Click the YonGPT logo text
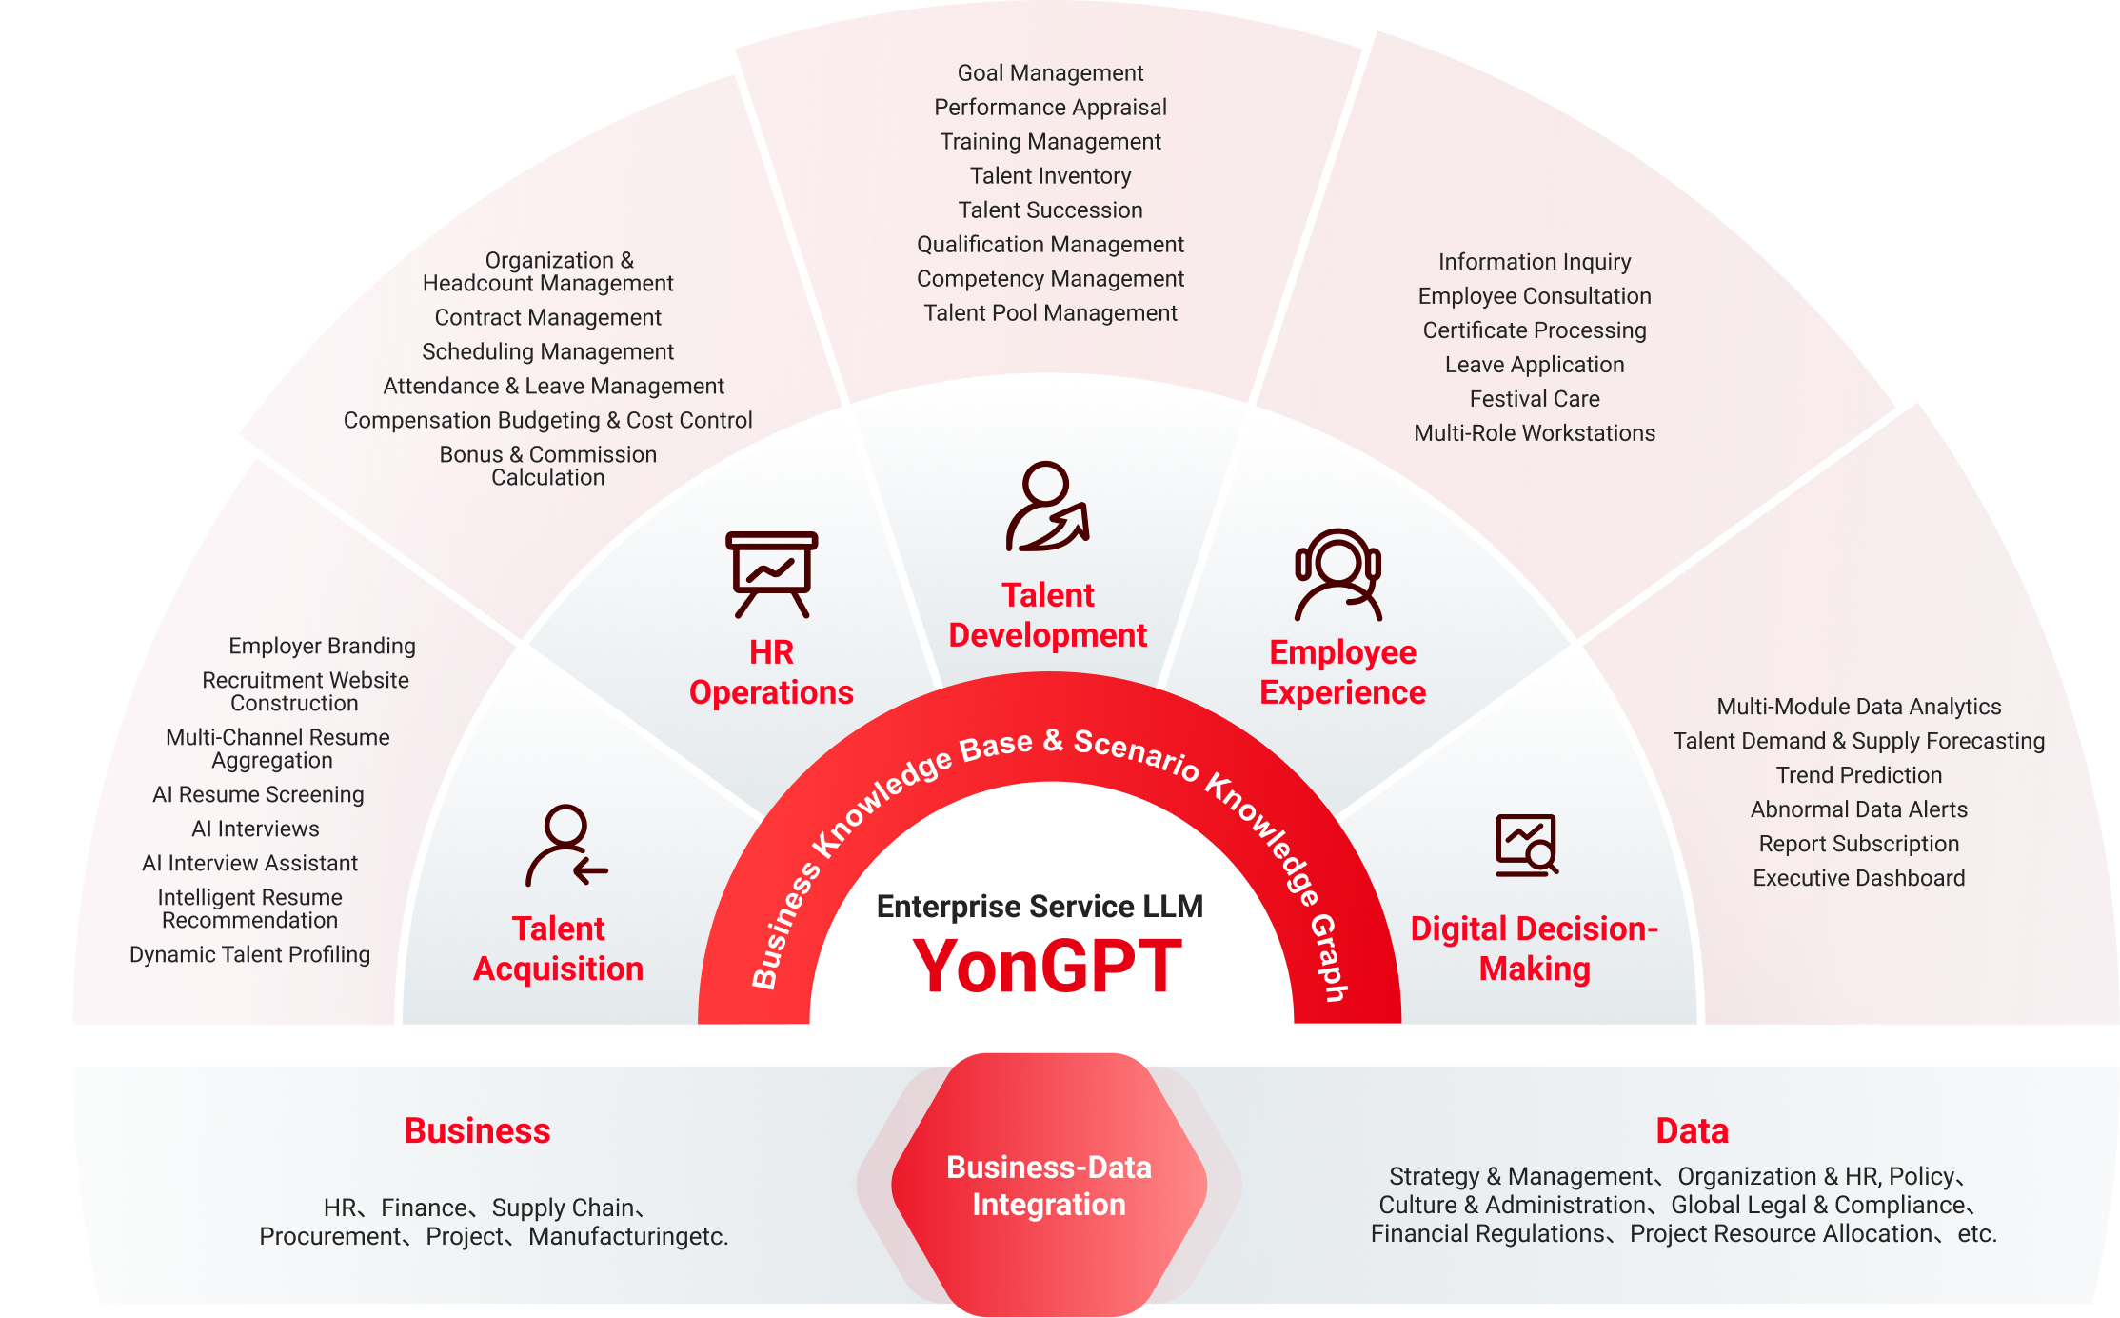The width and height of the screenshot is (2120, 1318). (x=1047, y=966)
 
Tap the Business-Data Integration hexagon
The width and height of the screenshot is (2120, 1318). (x=1049, y=1185)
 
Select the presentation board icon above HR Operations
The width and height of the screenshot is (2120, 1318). (x=771, y=574)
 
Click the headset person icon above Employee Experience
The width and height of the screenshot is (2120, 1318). (x=1337, y=574)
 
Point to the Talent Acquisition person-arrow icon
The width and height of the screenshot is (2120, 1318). (x=566, y=845)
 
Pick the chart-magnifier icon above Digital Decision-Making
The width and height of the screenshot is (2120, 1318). (x=1526, y=845)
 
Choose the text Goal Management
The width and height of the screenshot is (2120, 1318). (x=1050, y=73)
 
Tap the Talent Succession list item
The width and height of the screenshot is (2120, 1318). (x=1050, y=210)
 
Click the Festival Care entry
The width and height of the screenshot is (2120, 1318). (x=1535, y=399)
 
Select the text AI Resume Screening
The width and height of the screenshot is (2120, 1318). (x=258, y=795)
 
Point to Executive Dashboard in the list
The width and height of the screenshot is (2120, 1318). (x=1859, y=878)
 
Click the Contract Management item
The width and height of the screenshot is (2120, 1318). (x=547, y=318)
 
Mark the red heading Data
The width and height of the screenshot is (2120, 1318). (x=1692, y=1131)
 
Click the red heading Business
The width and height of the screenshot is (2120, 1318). (x=477, y=1131)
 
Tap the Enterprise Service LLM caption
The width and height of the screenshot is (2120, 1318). (x=1040, y=907)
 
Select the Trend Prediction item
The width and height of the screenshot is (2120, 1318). (x=1859, y=775)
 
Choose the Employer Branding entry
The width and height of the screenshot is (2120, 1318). (x=322, y=647)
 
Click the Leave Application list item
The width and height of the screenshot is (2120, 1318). (x=1535, y=365)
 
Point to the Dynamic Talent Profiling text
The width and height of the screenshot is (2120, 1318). (x=249, y=955)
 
